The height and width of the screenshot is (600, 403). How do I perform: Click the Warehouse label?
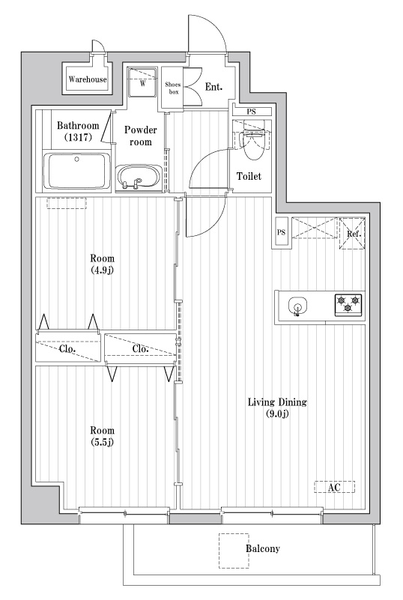(x=88, y=79)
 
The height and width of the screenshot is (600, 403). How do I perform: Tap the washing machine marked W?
(x=142, y=82)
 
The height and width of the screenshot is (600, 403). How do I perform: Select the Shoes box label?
(x=173, y=88)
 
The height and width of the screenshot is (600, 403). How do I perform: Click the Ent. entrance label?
(x=213, y=87)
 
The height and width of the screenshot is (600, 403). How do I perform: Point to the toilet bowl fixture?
(x=254, y=144)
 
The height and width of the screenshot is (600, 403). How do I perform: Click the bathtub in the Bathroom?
(x=77, y=171)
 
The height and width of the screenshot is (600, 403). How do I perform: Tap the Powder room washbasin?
(x=139, y=178)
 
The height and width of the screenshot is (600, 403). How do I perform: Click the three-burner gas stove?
(x=348, y=305)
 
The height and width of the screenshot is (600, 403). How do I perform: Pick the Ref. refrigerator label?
(x=354, y=234)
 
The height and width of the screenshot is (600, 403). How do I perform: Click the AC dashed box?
(x=335, y=487)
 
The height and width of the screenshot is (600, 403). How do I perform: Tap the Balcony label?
(x=262, y=549)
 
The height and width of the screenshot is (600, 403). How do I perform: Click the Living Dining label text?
(x=277, y=402)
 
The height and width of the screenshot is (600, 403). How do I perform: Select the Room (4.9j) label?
(x=102, y=264)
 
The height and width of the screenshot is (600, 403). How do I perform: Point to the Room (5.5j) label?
(x=102, y=436)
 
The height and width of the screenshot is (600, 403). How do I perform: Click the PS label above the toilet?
(x=251, y=112)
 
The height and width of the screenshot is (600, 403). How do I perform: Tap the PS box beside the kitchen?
(x=282, y=233)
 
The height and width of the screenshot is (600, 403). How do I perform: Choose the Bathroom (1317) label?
(x=78, y=131)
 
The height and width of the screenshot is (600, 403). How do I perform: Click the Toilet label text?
(x=249, y=176)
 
